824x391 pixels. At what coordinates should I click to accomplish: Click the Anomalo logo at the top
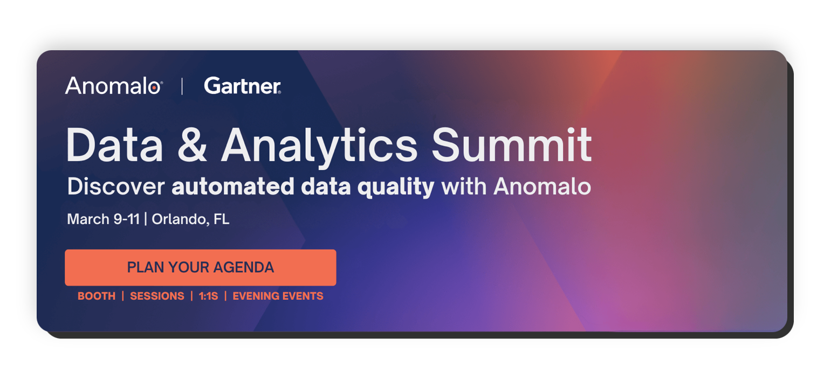(113, 86)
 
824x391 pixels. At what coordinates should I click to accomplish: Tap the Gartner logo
(242, 86)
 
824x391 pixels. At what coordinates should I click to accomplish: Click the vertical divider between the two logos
(182, 86)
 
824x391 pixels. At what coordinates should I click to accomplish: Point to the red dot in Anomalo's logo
(155, 87)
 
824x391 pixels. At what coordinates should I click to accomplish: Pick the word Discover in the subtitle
(116, 187)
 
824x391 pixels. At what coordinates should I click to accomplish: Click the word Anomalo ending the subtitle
(542, 187)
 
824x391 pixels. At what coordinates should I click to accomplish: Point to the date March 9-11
(103, 219)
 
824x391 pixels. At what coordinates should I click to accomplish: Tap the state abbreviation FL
(221, 219)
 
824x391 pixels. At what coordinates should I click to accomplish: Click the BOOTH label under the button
(97, 296)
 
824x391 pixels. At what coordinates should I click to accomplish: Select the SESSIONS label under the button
(157, 296)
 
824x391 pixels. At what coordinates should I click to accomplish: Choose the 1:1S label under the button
(208, 296)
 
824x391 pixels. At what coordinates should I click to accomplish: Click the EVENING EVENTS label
(278, 296)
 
